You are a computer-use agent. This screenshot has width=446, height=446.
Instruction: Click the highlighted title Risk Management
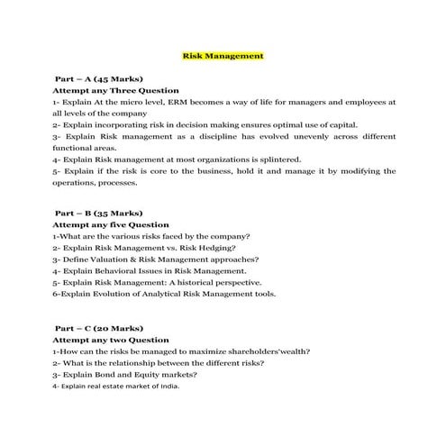point(223,55)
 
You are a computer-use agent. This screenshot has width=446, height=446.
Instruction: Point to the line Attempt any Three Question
point(115,91)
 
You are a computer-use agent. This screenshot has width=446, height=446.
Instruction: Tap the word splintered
point(296,159)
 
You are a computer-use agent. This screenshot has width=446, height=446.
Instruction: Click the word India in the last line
point(168,386)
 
